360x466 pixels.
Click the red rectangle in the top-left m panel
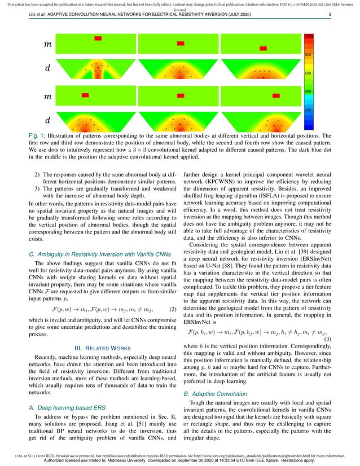coord(98,38)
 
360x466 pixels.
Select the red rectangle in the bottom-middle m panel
coord(181,96)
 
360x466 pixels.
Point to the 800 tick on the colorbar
coord(309,55)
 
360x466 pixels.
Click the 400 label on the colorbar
coord(309,91)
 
